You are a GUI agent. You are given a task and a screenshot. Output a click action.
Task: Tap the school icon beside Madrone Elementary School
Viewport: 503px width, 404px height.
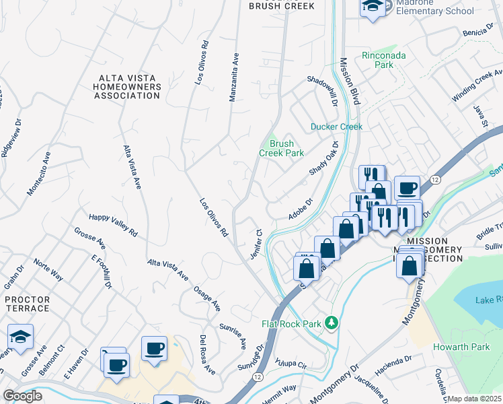(x=371, y=8)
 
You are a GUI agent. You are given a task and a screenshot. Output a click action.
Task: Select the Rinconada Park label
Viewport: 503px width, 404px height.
(x=383, y=60)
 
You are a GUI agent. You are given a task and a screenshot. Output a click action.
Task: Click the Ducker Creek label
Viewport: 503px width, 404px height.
(x=336, y=127)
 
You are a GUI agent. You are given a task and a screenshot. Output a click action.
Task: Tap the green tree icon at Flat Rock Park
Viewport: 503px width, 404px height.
(x=330, y=323)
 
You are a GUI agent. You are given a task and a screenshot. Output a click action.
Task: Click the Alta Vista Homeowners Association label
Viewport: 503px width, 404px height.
(x=127, y=87)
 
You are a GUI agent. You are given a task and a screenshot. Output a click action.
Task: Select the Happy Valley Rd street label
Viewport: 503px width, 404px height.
(x=113, y=224)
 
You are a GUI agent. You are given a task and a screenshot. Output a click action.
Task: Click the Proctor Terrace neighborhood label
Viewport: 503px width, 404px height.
(x=27, y=303)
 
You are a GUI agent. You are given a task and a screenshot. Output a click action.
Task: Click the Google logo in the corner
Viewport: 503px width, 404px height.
(x=22, y=396)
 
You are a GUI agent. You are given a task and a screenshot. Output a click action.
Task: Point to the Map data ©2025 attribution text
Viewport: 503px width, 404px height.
(x=474, y=399)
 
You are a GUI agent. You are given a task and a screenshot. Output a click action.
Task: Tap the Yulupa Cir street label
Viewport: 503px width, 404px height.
(x=293, y=362)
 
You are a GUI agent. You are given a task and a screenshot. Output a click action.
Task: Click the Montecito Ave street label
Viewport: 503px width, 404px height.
(x=40, y=174)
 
